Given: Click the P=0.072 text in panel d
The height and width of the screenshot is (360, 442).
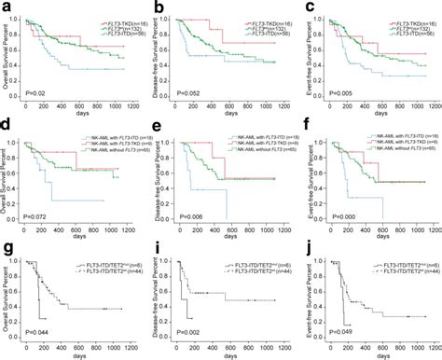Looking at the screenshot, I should click(37, 216).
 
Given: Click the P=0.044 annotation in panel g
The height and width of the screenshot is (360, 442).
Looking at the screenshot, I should click(37, 333).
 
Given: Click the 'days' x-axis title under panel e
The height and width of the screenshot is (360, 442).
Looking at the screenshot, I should click(223, 236).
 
